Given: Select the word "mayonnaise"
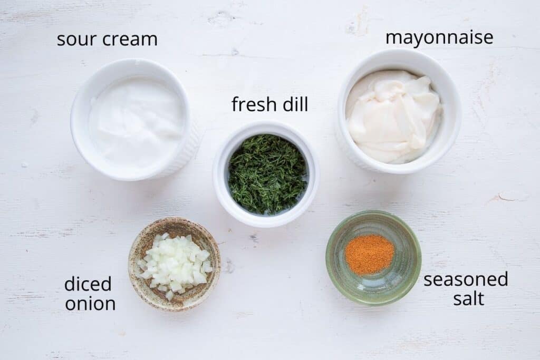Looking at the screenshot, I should tap(439, 38).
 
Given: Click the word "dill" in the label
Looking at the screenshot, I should tap(295, 104).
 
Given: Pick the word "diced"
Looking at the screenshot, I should tap(88, 285).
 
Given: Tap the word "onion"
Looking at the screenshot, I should tap(90, 304).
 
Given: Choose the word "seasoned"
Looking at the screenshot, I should tap(466, 280).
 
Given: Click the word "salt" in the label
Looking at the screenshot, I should tap(468, 299).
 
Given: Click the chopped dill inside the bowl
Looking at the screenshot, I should tap(267, 173).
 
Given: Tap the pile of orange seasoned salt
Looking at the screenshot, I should tap(369, 254).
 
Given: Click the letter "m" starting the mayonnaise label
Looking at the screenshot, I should tap(393, 38).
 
